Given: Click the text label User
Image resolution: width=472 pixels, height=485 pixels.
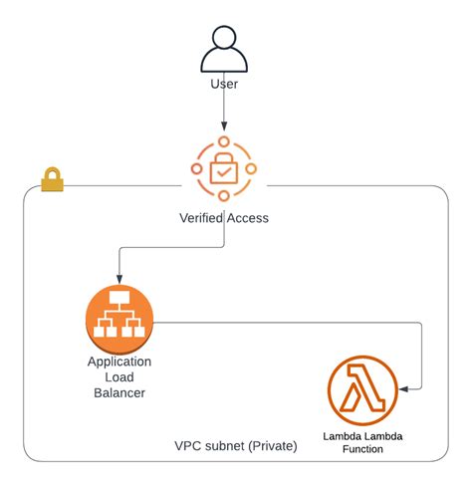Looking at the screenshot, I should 224,85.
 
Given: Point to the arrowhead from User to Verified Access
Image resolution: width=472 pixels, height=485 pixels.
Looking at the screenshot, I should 224,125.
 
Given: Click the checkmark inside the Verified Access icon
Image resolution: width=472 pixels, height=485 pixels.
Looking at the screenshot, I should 224,172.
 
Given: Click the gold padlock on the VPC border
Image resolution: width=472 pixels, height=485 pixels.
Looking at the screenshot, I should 52,179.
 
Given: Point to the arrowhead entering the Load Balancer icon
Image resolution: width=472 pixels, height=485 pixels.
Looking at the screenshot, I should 119,279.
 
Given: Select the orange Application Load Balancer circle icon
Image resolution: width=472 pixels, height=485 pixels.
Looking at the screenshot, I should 119,320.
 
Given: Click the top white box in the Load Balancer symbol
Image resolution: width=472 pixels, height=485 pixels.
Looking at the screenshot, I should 119,300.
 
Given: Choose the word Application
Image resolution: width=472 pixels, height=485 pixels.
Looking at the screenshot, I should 119,363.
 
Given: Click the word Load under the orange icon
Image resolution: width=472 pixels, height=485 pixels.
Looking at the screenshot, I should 119,378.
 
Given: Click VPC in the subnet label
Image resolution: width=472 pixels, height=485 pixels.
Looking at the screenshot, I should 187,445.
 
